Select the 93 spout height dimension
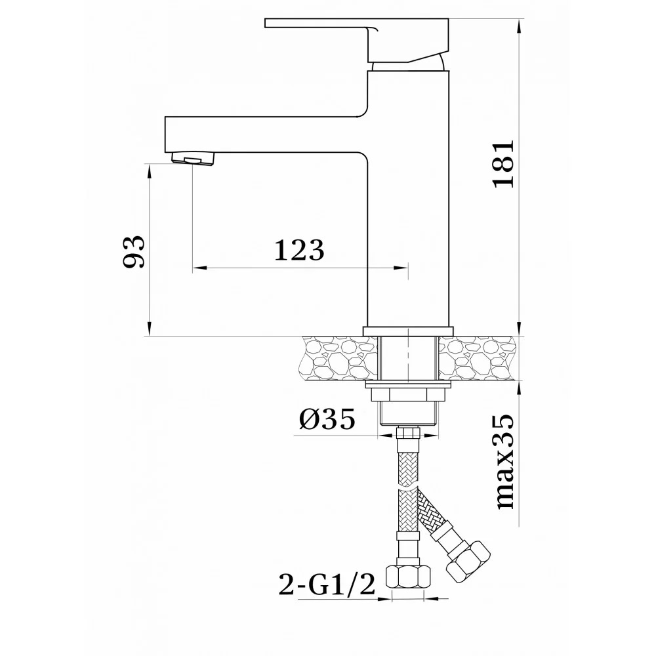click(134, 252)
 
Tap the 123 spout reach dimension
click(299, 250)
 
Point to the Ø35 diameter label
click(328, 419)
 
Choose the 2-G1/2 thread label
click(327, 583)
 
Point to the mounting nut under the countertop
click(408, 394)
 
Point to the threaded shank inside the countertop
click(408, 359)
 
